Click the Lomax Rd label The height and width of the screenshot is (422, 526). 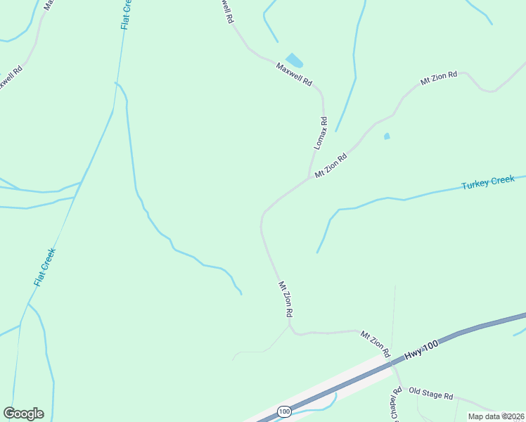pos(320,132)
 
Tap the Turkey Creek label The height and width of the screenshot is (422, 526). pos(488,183)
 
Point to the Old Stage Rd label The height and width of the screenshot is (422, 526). pos(430,395)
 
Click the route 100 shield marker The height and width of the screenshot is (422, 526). pos(284,411)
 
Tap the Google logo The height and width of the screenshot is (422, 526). pos(23,413)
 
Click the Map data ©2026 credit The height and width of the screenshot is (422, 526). pos(496,416)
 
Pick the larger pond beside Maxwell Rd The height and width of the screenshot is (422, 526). pos(294,60)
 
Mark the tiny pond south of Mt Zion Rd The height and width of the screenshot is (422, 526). pos(387,136)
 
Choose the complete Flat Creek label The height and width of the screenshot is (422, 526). pos(44,267)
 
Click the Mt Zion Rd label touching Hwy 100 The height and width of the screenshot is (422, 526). pos(375,344)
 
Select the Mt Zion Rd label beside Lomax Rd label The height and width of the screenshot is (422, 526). pos(331,166)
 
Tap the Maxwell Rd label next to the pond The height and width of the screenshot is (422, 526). pos(294,74)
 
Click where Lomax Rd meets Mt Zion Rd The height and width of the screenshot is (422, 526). pos(309,177)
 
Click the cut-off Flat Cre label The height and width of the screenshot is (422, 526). pos(127,14)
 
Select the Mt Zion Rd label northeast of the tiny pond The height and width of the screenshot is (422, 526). pos(439,78)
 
